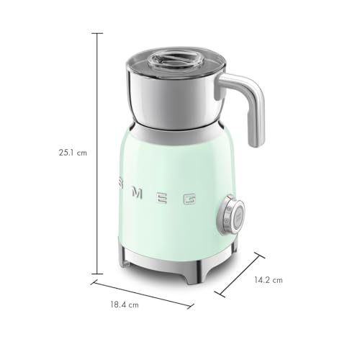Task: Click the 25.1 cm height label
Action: point(73,152)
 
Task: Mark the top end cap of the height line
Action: point(97,33)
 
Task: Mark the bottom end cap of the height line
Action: point(97,274)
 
